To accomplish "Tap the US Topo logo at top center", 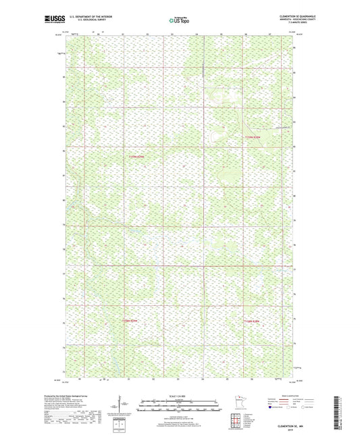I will pos(178,22).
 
